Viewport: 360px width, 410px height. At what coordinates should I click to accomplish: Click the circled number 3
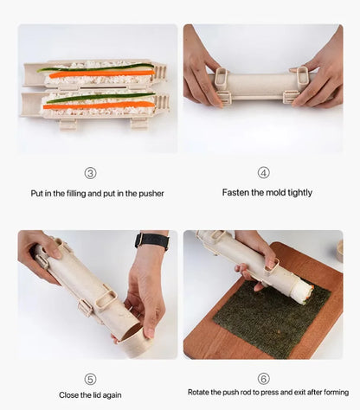pyautogui.click(x=90, y=173)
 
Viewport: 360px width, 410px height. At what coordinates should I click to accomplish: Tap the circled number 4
pyautogui.click(x=263, y=173)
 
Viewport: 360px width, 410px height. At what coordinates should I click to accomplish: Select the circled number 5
pyautogui.click(x=90, y=379)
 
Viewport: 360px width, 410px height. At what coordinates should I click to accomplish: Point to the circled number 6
pyautogui.click(x=263, y=379)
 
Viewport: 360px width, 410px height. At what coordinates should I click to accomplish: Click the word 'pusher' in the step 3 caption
pyautogui.click(x=149, y=194)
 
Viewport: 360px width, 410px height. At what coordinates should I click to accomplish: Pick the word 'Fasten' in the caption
pyautogui.click(x=237, y=193)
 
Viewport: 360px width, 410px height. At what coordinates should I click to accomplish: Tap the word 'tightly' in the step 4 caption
pyautogui.click(x=297, y=193)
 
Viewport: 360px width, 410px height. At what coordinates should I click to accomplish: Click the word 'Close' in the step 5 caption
pyautogui.click(x=70, y=395)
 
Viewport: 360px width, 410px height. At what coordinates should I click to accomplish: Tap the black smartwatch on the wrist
pyautogui.click(x=151, y=241)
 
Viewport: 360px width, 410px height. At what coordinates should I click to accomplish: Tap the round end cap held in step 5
pyautogui.click(x=137, y=341)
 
